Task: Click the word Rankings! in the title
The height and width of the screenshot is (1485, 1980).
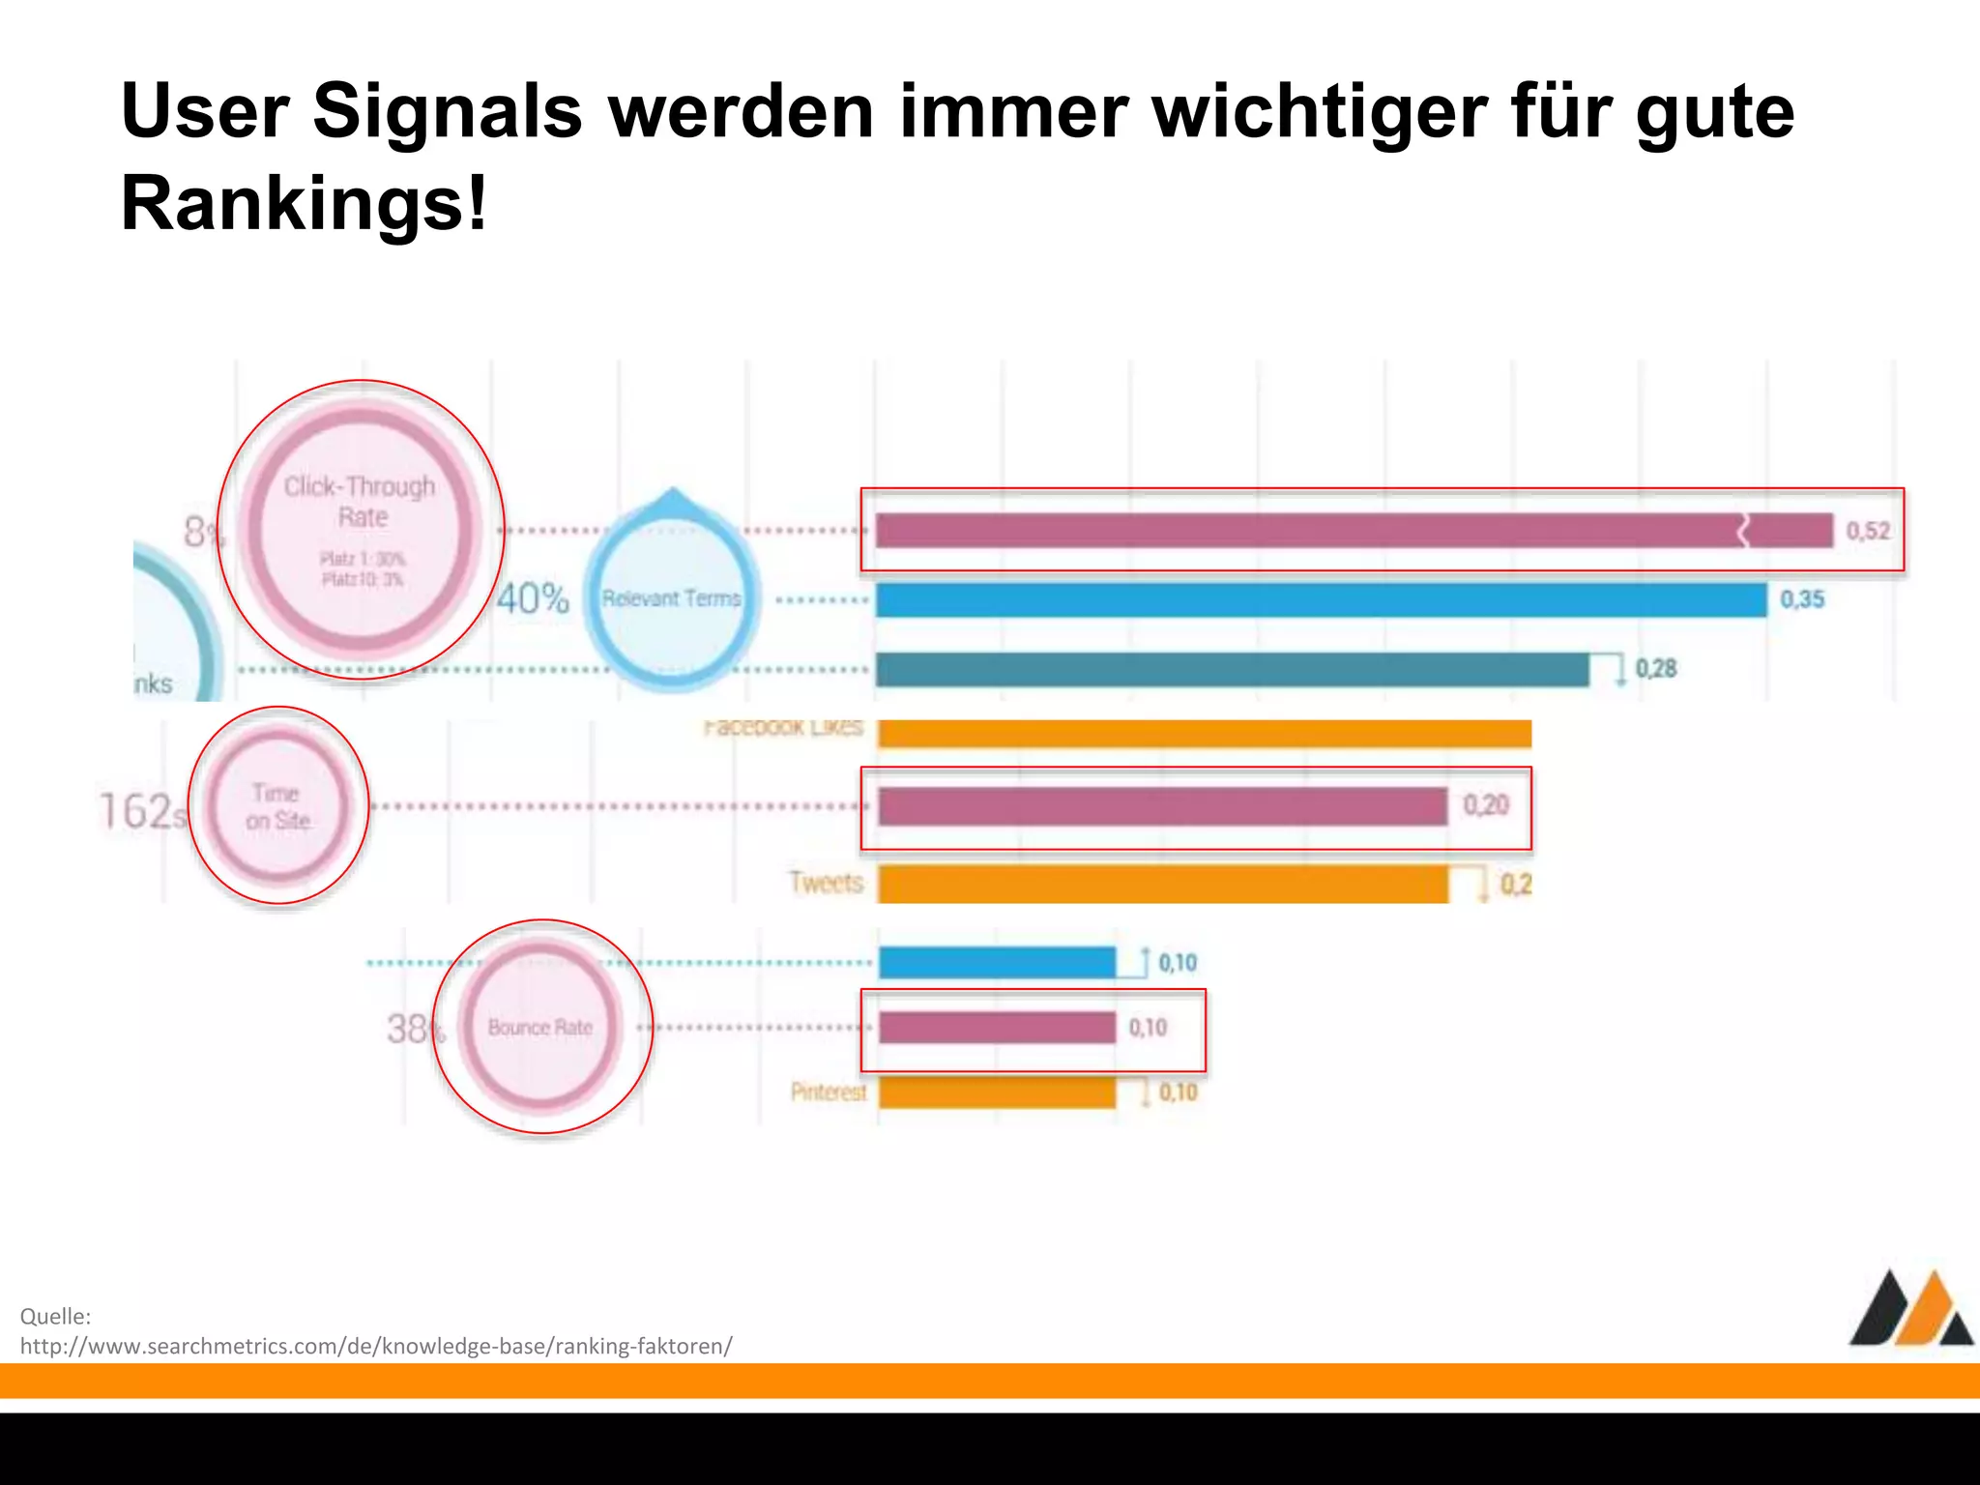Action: click(304, 203)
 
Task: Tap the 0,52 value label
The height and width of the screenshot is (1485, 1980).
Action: click(1867, 531)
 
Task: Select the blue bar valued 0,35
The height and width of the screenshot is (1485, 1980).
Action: click(1321, 600)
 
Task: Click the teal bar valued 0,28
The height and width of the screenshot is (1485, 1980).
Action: click(1232, 670)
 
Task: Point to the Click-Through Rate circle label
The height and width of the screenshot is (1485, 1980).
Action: click(360, 502)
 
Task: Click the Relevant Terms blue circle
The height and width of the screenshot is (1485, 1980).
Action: click(672, 598)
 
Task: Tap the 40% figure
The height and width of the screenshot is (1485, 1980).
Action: click(533, 598)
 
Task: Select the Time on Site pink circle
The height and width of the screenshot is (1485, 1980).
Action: click(277, 806)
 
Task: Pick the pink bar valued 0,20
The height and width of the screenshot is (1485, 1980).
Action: click(1162, 806)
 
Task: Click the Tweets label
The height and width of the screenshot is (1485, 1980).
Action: click(826, 883)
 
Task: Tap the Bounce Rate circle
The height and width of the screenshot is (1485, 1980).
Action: click(540, 1027)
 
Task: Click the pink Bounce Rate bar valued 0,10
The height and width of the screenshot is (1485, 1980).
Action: click(997, 1028)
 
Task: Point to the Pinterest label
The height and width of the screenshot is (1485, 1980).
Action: click(829, 1092)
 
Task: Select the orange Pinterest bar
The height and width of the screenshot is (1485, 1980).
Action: click(997, 1093)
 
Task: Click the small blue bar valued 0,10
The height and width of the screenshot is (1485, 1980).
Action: click(997, 963)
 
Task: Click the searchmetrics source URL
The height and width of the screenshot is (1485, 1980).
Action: click(376, 1346)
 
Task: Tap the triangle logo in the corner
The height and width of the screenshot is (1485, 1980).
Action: click(1910, 1310)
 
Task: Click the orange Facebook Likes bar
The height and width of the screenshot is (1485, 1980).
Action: click(1204, 734)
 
